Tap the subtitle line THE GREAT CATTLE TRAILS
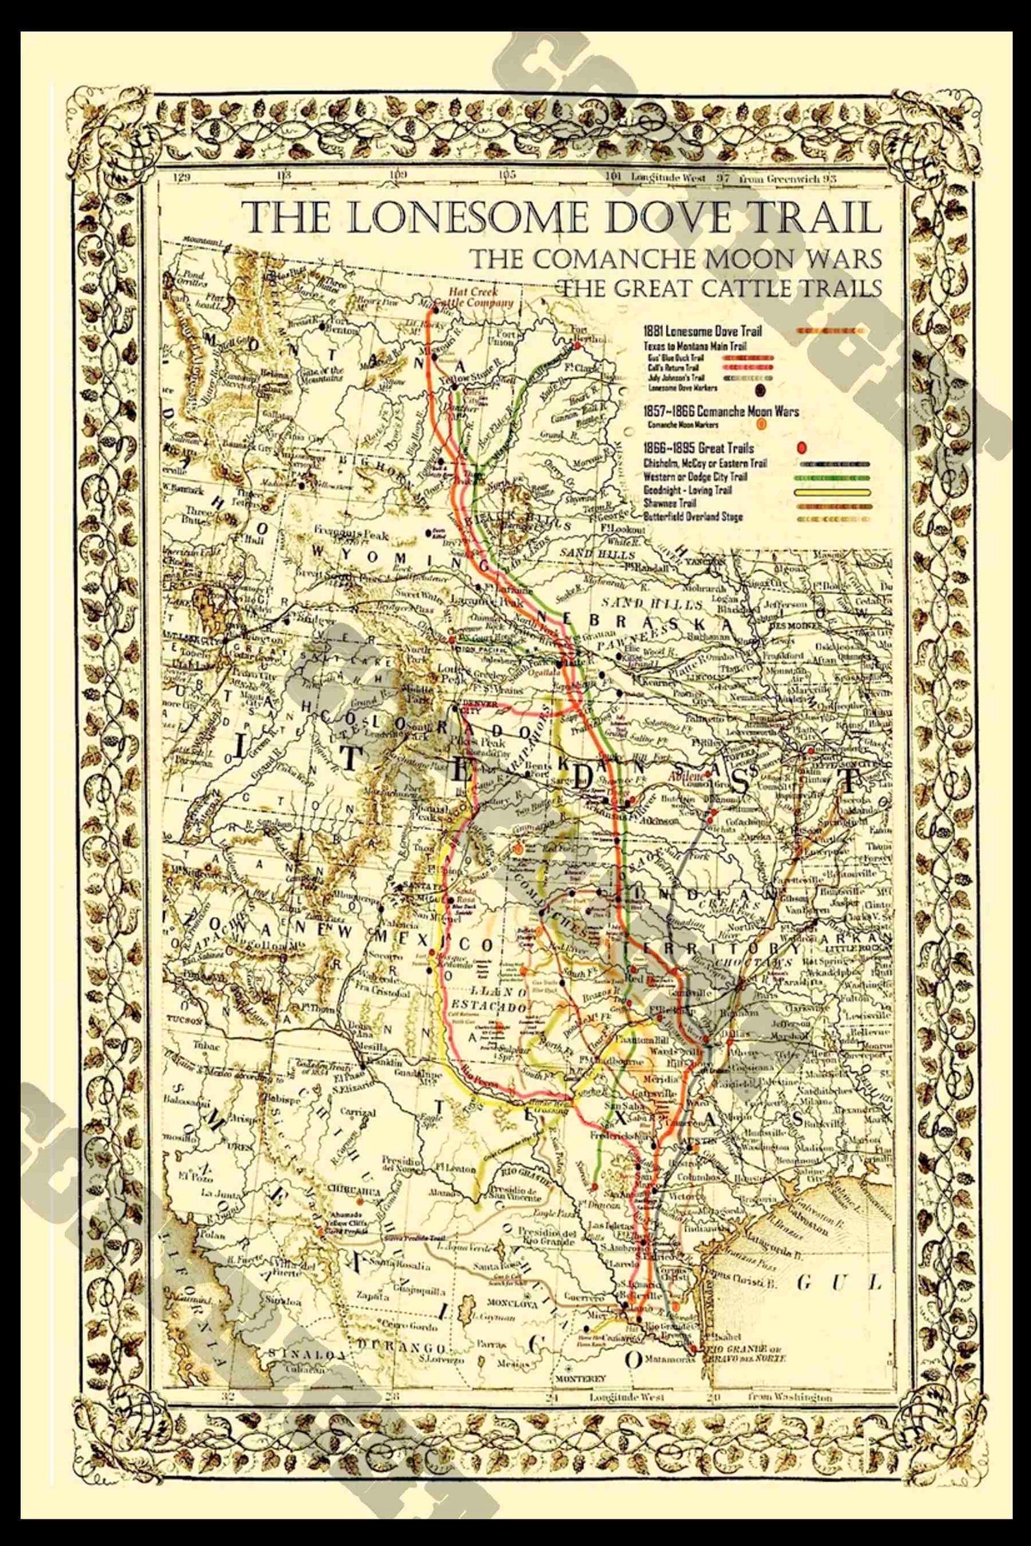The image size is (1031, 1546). (x=718, y=288)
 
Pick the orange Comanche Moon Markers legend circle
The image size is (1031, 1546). (x=762, y=424)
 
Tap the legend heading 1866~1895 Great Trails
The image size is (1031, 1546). (x=699, y=448)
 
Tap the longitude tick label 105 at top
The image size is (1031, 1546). (x=507, y=175)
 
